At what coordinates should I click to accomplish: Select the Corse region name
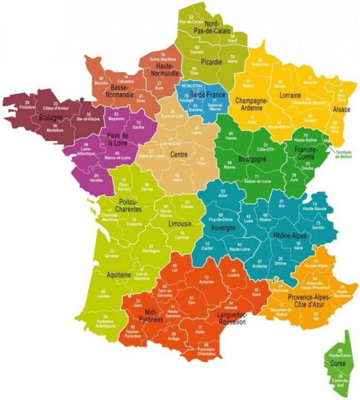pyautogui.click(x=338, y=362)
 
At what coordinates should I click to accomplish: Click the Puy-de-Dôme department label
pyautogui.click(x=221, y=219)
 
